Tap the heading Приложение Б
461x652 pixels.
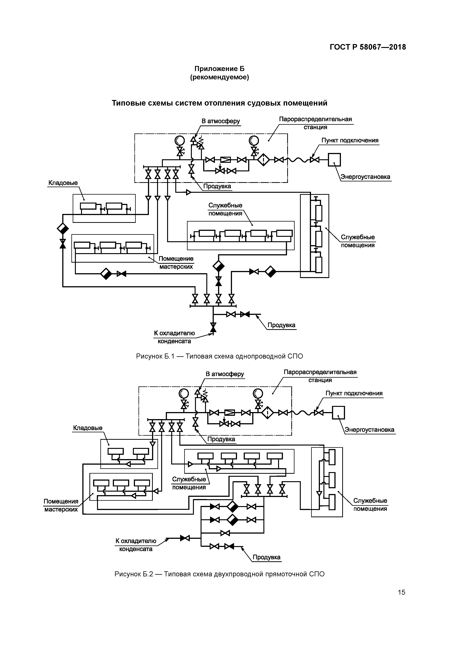(x=219, y=69)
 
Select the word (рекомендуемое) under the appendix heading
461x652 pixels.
(x=219, y=77)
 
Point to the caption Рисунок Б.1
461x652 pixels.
(x=219, y=356)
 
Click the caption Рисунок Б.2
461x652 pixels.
(x=219, y=574)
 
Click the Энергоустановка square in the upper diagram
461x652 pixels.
(x=334, y=160)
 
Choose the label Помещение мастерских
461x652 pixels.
(x=176, y=263)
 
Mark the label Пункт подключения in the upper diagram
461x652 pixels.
(x=350, y=140)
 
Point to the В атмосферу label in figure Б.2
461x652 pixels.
(x=225, y=374)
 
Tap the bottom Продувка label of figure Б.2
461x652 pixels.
(x=266, y=557)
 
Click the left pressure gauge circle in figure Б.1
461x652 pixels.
(x=180, y=140)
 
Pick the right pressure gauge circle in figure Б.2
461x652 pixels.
(x=258, y=393)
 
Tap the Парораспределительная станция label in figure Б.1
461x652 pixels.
(x=315, y=123)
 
